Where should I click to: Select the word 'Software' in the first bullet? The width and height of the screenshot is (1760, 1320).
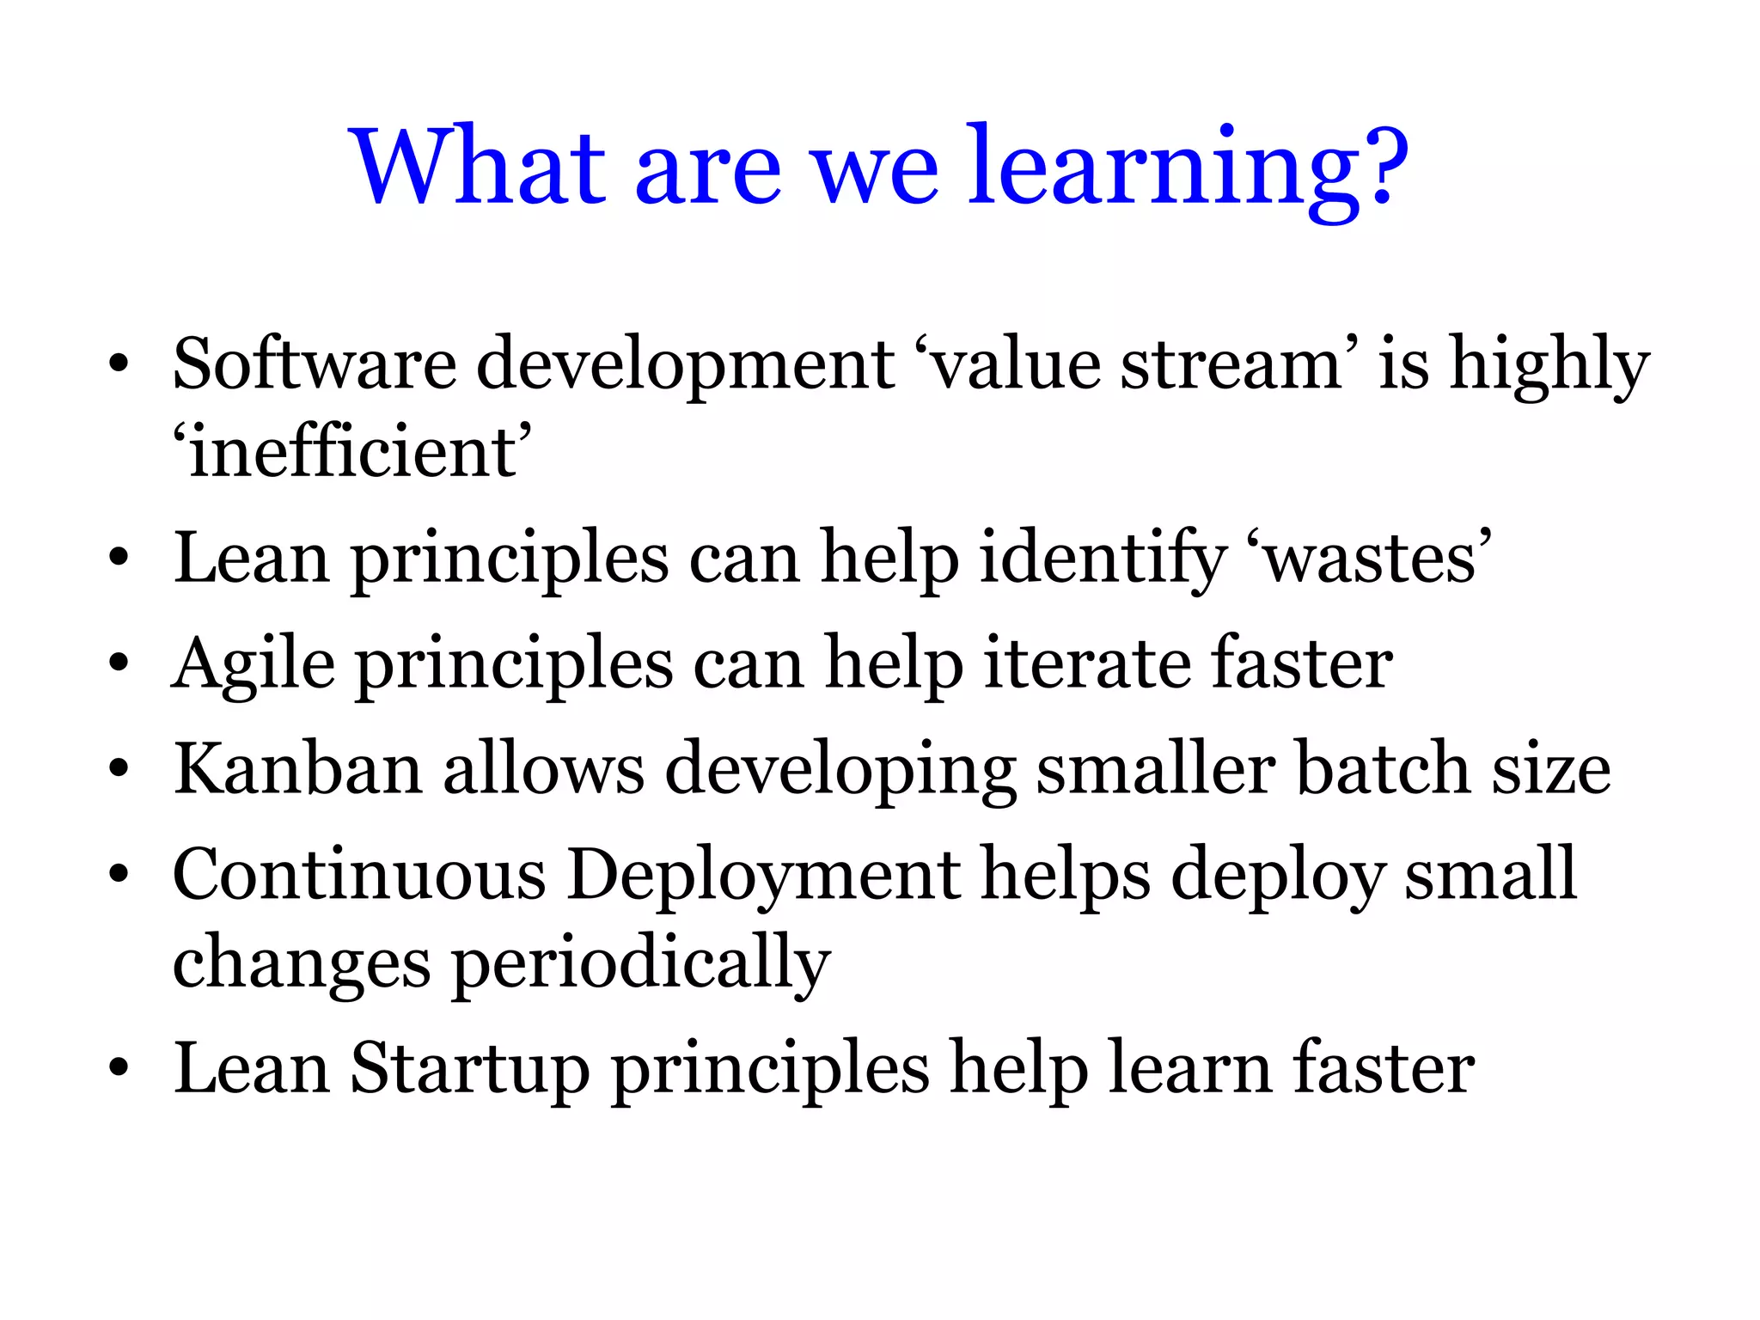[x=314, y=364]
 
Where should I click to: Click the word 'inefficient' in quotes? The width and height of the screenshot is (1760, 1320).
[x=352, y=454]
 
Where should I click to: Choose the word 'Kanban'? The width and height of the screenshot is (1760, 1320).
[x=297, y=768]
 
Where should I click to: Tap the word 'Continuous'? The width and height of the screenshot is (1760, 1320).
[x=359, y=875]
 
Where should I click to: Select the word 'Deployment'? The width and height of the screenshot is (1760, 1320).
[x=764, y=875]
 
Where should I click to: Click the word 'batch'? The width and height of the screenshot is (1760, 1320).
[x=1383, y=768]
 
